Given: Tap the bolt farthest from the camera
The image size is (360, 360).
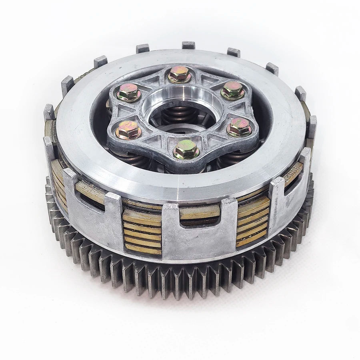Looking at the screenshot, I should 179,74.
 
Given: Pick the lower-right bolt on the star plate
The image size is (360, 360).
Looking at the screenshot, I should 239,128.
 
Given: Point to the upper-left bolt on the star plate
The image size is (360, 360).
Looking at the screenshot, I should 129,93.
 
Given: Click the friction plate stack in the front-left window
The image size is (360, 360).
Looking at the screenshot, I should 142,232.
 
